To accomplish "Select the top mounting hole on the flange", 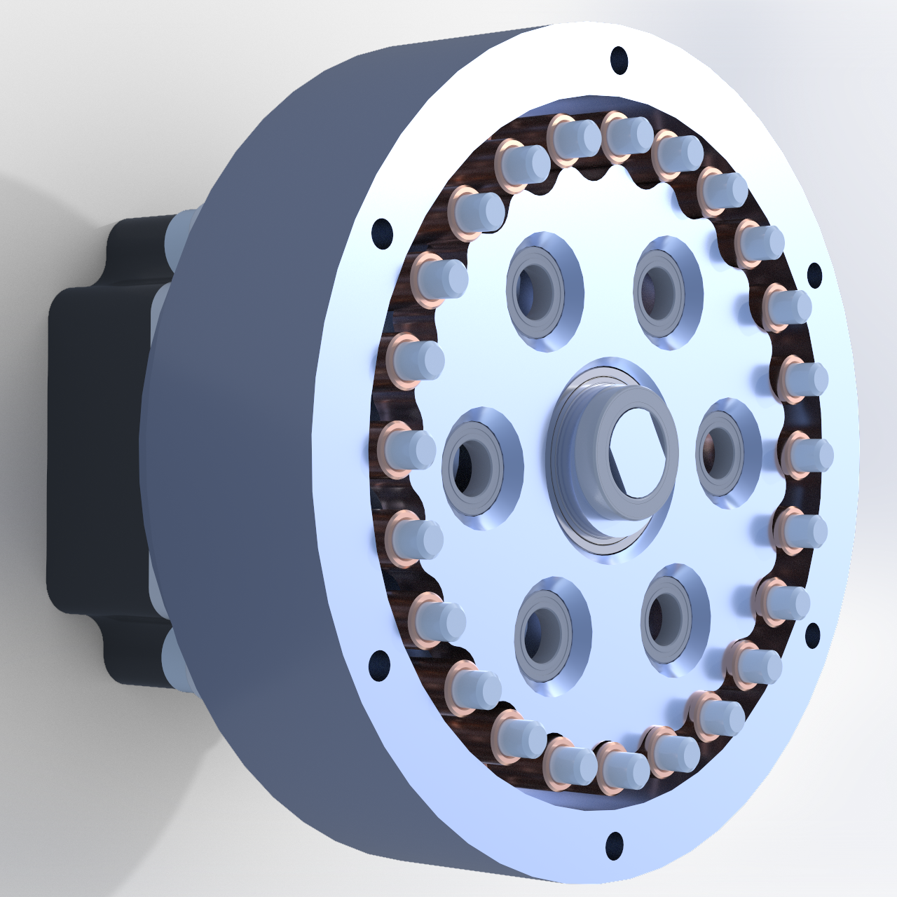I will pyautogui.click(x=619, y=60).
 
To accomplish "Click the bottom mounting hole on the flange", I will pyautogui.click(x=614, y=844).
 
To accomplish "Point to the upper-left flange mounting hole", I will pyautogui.click(x=382, y=233).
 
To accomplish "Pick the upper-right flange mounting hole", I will pyautogui.click(x=814, y=275).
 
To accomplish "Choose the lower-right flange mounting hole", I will pyautogui.click(x=812, y=636).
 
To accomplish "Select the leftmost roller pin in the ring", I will pyautogui.click(x=406, y=449).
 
